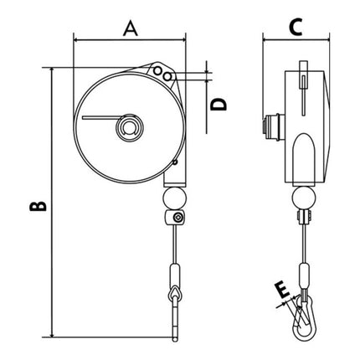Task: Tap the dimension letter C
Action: tap(294, 28)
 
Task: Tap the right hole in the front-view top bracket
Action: tap(170, 77)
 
